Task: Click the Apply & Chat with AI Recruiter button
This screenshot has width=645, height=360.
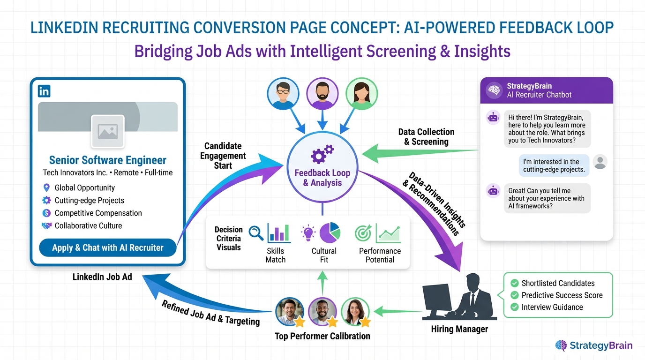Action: coord(108,248)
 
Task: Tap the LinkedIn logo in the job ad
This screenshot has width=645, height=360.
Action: coord(45,91)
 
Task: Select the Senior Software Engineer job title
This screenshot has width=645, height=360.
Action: coord(108,160)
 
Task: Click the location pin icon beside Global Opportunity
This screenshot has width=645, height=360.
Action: coord(46,188)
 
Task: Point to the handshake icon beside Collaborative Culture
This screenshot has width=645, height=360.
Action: coord(46,226)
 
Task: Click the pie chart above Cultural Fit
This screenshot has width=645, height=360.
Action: coord(330,232)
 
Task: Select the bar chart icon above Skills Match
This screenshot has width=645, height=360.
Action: coord(279,233)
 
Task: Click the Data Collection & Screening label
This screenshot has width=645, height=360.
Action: coord(426,137)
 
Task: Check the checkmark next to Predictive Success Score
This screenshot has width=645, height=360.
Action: coord(514,295)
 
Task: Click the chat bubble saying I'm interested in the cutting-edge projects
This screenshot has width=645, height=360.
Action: coord(554,165)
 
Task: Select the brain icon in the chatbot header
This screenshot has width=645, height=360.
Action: coord(494,90)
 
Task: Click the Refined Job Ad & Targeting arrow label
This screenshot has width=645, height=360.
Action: coord(210,312)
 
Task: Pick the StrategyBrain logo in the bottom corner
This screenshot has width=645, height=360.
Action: coord(593,346)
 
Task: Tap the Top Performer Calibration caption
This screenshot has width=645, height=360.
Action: coord(322,336)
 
